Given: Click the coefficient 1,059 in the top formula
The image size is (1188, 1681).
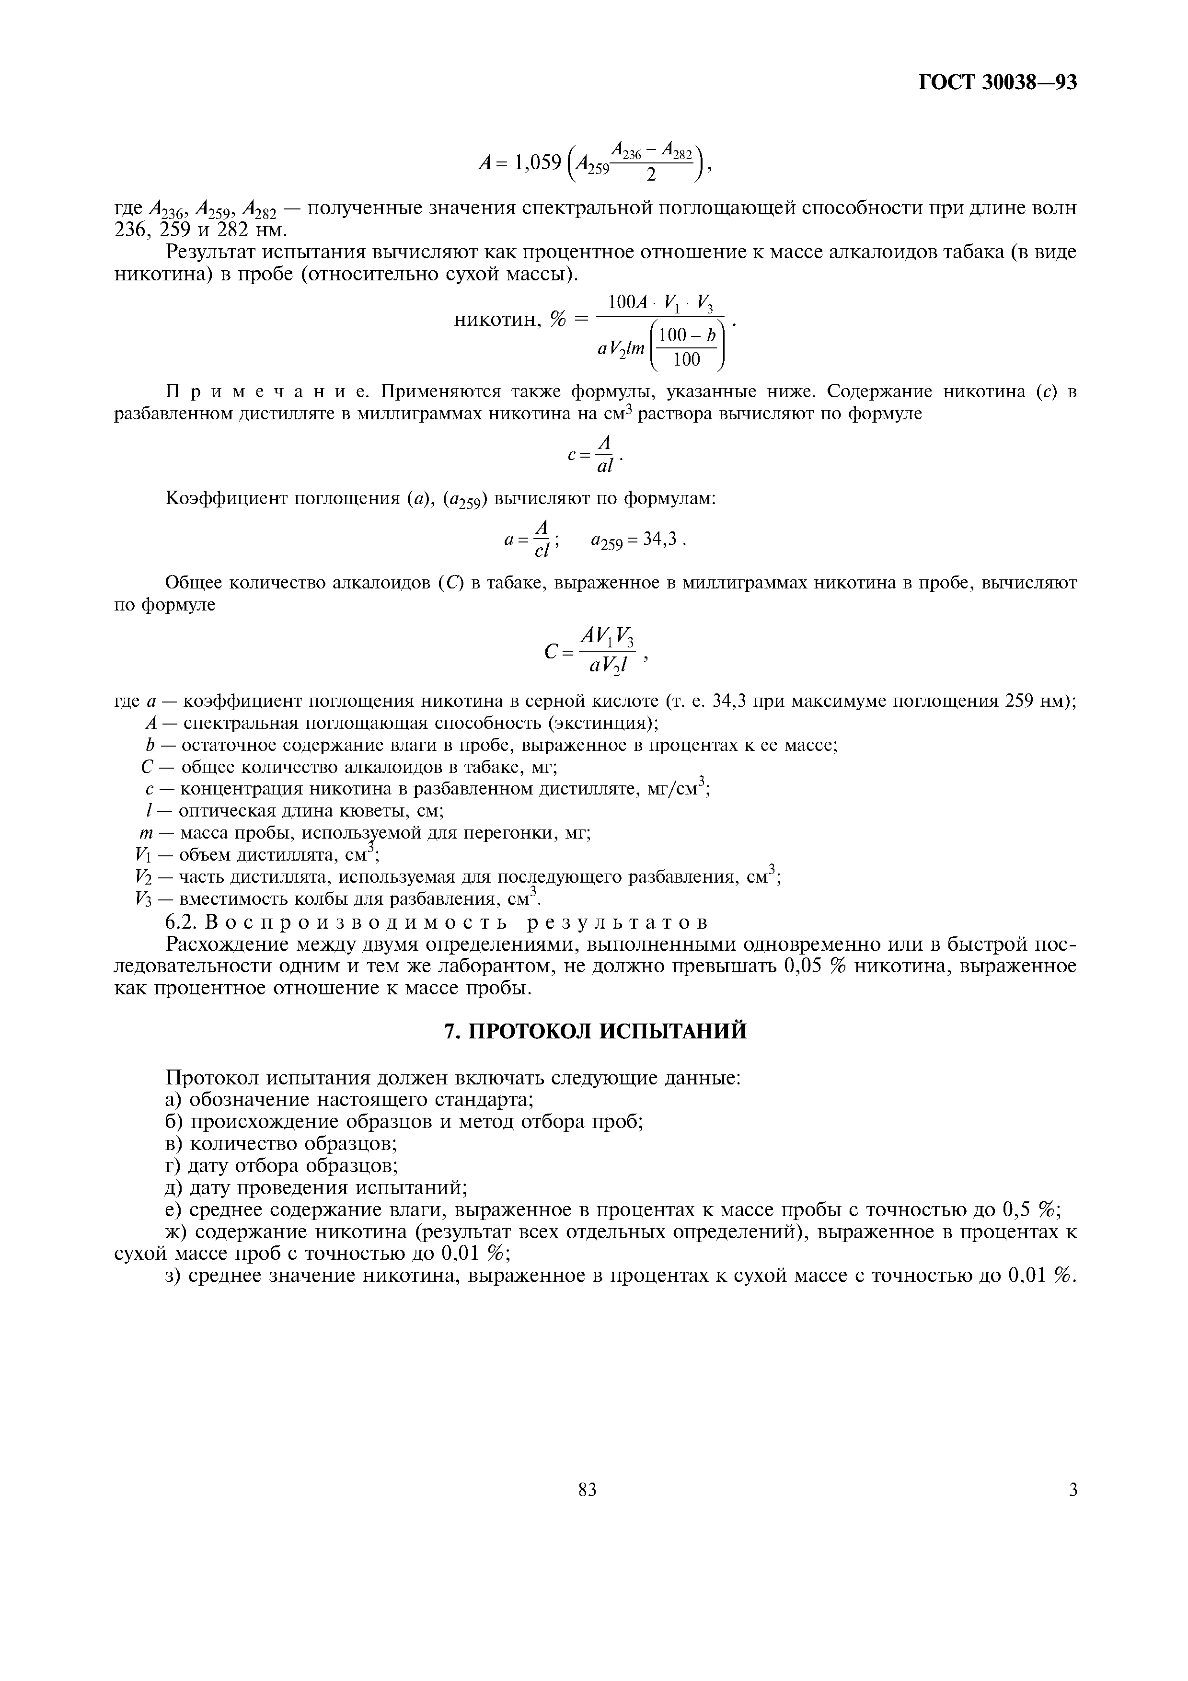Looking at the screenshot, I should point(538,162).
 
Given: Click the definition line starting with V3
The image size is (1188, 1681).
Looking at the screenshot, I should point(337,899).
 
